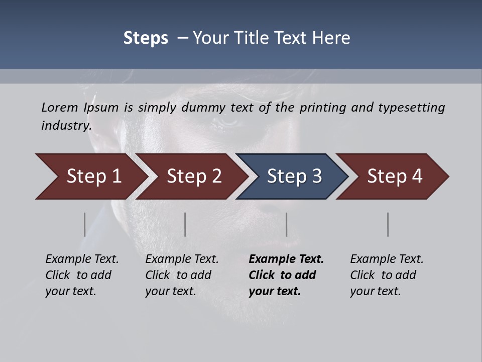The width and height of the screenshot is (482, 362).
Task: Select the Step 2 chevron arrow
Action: (x=194, y=176)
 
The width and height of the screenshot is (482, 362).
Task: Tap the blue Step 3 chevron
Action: (x=294, y=176)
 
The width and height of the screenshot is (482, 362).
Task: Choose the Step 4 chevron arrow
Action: (x=395, y=176)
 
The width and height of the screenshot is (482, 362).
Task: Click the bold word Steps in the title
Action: (x=146, y=38)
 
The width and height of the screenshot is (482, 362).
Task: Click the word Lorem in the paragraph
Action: (x=59, y=107)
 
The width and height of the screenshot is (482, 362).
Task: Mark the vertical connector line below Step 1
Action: (x=84, y=224)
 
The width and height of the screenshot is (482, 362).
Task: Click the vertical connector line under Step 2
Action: (x=185, y=224)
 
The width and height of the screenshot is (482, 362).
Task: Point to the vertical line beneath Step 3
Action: (x=287, y=224)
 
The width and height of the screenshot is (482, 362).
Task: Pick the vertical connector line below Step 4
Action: (x=388, y=224)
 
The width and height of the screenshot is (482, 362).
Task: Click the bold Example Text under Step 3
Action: (x=286, y=259)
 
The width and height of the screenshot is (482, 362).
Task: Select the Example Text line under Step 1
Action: (x=82, y=259)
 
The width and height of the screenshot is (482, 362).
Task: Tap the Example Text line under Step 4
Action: (x=387, y=259)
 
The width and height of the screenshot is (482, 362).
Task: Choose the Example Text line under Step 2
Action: (x=182, y=259)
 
